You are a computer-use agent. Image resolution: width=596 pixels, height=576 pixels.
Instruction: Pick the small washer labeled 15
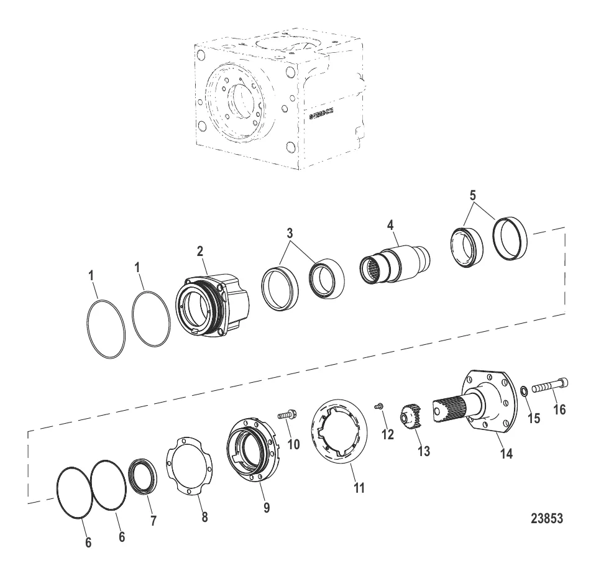(x=525, y=391)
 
